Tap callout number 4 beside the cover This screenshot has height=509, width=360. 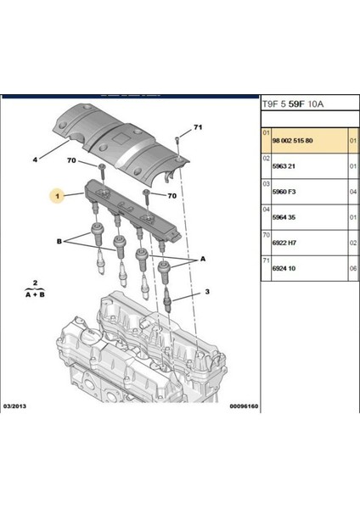click(36, 158)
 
